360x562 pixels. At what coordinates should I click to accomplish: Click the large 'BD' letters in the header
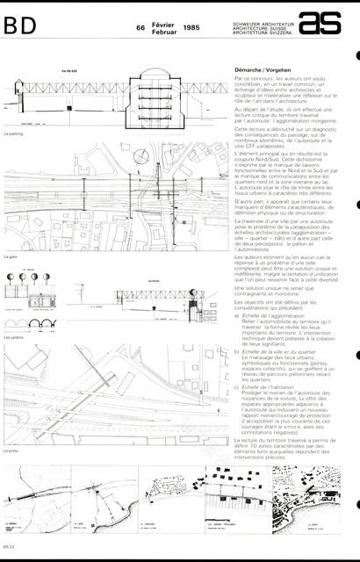tap(20, 27)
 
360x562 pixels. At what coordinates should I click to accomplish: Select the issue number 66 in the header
tap(140, 28)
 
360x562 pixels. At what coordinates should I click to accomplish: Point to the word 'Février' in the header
tap(164, 25)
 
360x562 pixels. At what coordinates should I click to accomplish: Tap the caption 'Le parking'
tap(13, 134)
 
